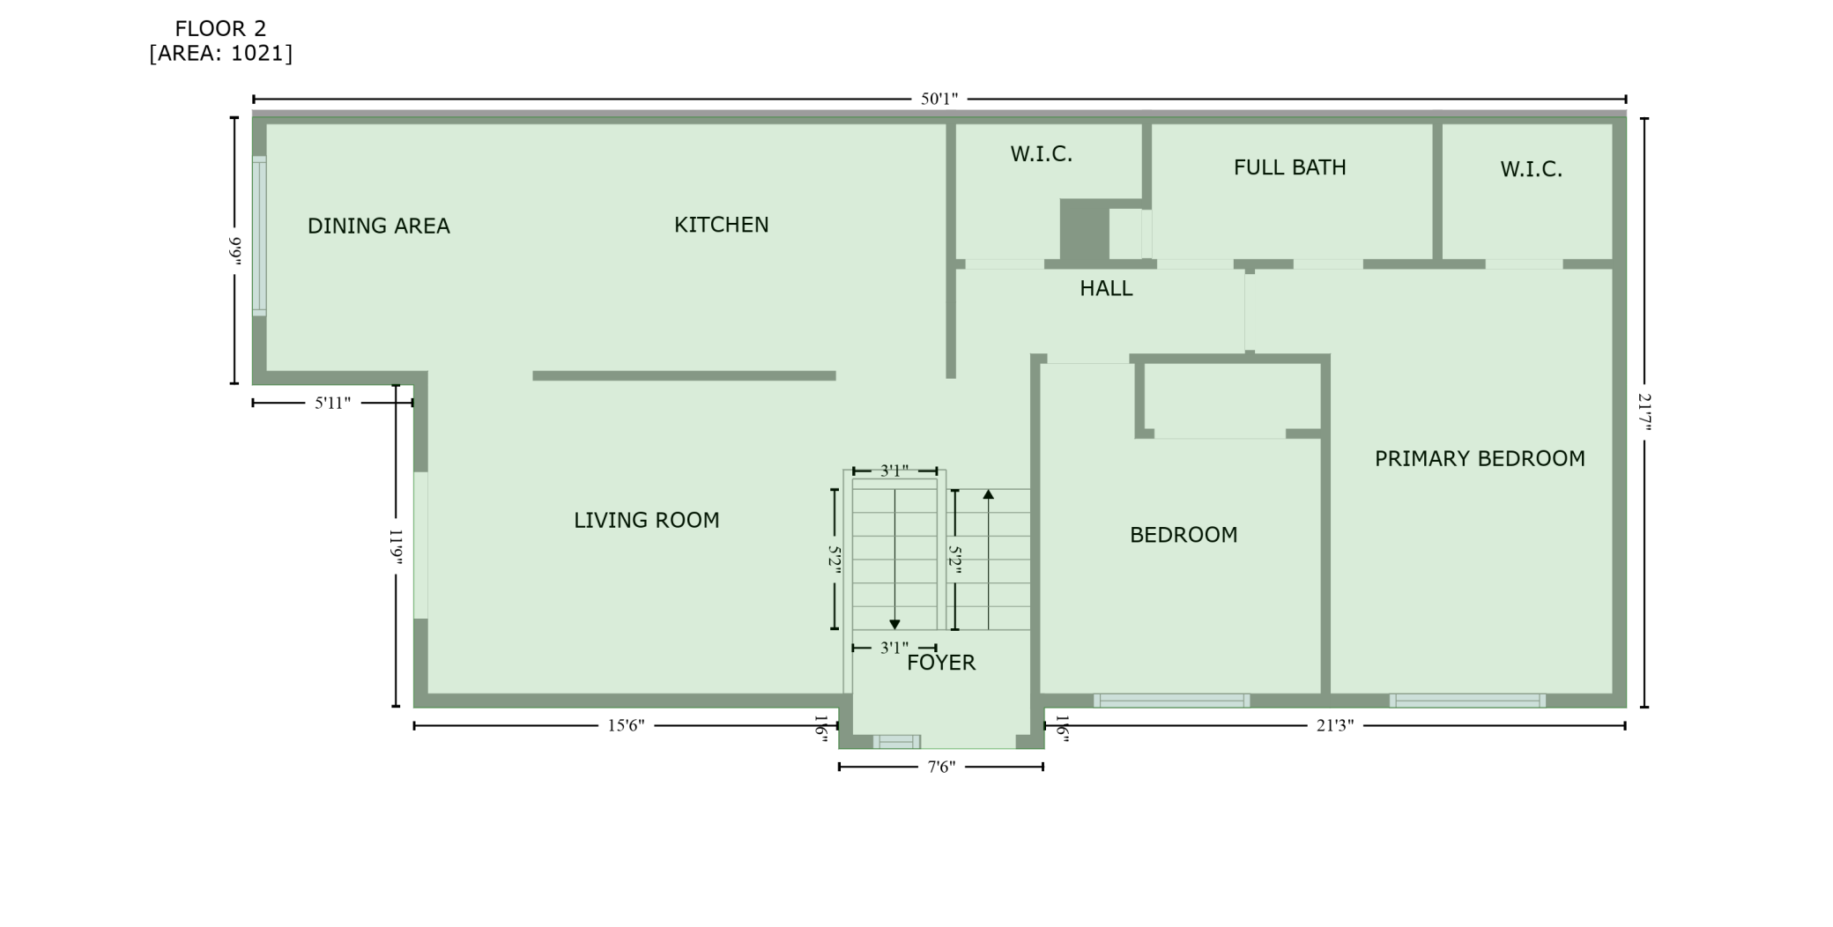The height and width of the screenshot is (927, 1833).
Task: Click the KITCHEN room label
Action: click(721, 225)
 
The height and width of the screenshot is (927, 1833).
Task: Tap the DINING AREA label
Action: click(378, 226)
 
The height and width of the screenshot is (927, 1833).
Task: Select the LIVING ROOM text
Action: click(646, 521)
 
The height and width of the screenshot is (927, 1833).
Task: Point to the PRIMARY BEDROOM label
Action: click(1480, 458)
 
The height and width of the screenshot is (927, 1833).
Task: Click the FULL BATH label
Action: click(1289, 167)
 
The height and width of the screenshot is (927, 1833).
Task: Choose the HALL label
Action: click(1106, 288)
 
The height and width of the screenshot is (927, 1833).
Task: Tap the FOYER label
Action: click(941, 663)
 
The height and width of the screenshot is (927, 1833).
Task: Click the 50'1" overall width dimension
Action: click(939, 99)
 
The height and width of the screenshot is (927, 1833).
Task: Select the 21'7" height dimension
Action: click(1644, 412)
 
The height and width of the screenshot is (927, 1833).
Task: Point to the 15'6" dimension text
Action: click(626, 726)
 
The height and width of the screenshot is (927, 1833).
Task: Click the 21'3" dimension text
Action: click(1334, 726)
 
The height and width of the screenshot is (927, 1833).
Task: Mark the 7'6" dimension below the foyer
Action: click(941, 768)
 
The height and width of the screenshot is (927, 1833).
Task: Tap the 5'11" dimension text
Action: click(332, 404)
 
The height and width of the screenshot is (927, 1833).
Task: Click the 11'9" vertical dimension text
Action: click(396, 546)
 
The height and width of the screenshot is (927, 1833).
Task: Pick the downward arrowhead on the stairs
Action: click(894, 624)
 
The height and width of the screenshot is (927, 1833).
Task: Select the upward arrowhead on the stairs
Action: click(989, 495)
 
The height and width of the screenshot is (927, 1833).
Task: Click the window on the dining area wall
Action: click(259, 235)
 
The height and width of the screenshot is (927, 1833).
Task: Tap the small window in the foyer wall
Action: click(896, 742)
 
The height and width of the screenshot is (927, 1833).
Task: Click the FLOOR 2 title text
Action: click(220, 29)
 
